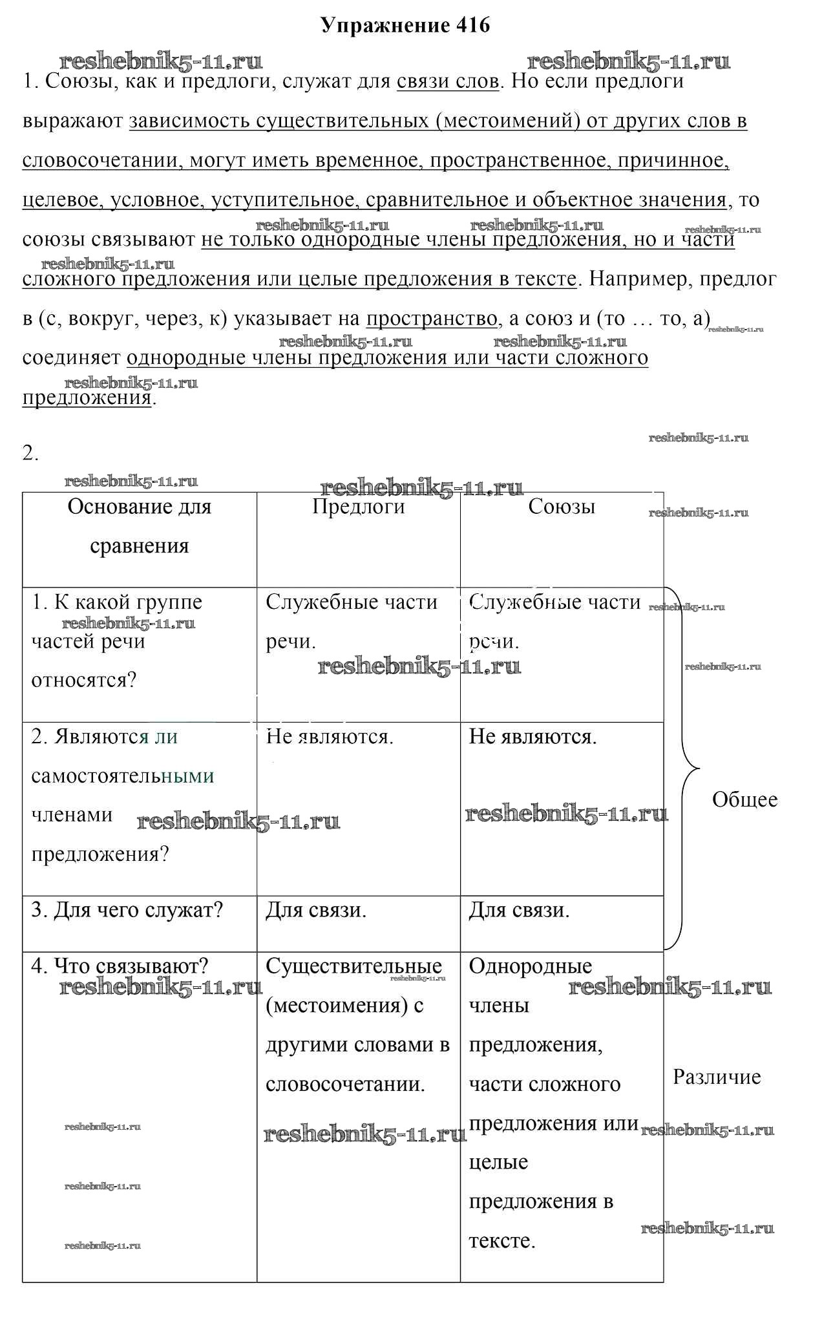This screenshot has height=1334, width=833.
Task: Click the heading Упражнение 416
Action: (x=405, y=25)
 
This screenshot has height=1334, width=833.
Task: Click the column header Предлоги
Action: (x=358, y=506)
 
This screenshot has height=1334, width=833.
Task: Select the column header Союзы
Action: (x=562, y=506)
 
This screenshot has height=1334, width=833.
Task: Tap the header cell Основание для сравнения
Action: (x=140, y=525)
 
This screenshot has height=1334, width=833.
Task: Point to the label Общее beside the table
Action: (x=744, y=799)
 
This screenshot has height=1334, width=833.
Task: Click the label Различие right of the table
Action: (x=717, y=1077)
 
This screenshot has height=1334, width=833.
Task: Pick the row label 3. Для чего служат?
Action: (x=127, y=910)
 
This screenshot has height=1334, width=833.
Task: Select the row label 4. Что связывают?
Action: (x=120, y=966)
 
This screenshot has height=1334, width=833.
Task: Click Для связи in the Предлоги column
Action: (x=316, y=910)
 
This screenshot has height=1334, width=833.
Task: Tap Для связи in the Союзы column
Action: (x=519, y=910)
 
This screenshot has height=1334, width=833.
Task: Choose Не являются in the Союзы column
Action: (x=532, y=736)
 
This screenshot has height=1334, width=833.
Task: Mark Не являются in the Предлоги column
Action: (x=330, y=736)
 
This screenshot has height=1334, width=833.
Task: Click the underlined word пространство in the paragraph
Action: (x=432, y=319)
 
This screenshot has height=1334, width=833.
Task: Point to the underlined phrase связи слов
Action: (x=447, y=81)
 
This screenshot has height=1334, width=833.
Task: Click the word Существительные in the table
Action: (x=353, y=966)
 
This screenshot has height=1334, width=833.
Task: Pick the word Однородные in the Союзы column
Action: (x=530, y=966)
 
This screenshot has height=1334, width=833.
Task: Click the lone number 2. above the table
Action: (x=30, y=454)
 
